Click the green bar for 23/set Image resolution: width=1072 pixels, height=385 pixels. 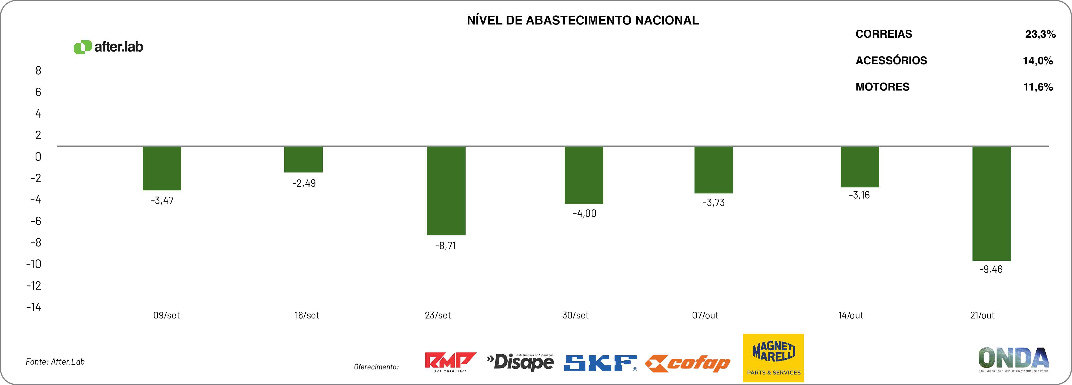point(446,191)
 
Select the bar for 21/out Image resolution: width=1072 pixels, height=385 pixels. point(991,203)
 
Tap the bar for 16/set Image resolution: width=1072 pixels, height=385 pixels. point(303,159)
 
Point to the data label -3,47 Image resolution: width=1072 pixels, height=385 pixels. point(162,201)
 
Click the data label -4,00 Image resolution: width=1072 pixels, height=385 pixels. point(584,214)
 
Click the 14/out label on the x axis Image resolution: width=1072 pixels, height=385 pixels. point(851,315)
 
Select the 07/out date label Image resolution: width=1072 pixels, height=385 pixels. point(705,315)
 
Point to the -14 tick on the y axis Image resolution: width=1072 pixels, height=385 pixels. point(34,307)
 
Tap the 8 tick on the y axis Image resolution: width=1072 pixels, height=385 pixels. point(38,71)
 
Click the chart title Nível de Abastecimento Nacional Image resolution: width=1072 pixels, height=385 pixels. point(583,20)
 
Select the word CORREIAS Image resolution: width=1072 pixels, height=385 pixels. point(883,34)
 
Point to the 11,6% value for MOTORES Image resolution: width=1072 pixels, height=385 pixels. point(1038,87)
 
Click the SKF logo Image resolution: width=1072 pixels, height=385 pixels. point(600,363)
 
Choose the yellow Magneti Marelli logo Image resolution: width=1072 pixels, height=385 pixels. point(773,358)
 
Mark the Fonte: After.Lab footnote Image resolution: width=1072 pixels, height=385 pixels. point(55,362)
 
